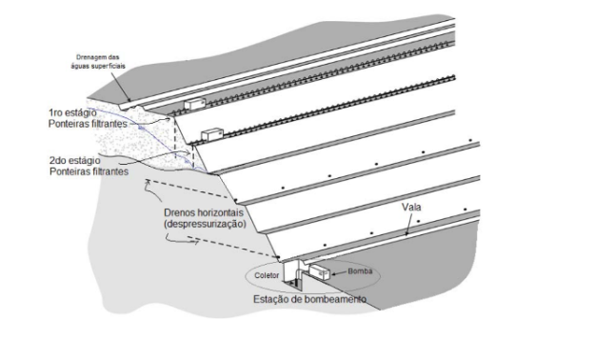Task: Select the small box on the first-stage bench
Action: pos(195,102)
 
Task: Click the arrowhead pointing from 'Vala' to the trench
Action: pos(407,231)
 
